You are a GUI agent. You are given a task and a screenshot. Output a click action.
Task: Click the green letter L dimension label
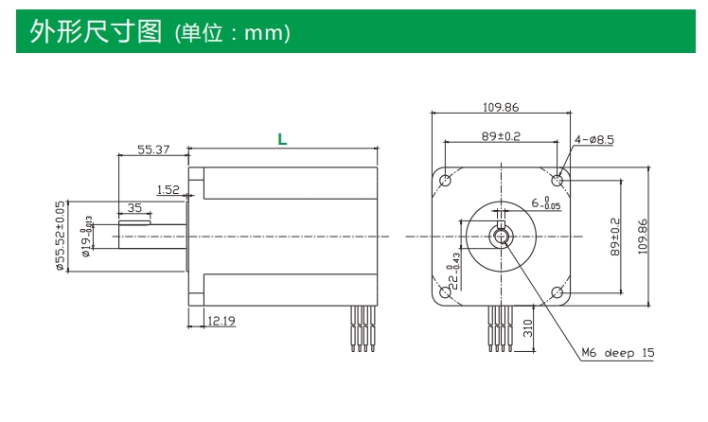(282, 139)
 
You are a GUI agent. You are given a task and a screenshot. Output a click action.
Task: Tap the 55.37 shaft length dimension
(153, 149)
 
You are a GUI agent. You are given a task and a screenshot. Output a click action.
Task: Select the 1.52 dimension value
(168, 189)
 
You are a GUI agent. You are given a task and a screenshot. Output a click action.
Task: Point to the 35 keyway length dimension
(134, 207)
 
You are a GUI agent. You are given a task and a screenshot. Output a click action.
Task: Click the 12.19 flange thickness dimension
(221, 321)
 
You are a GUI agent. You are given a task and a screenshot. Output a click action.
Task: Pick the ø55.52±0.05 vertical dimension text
(60, 236)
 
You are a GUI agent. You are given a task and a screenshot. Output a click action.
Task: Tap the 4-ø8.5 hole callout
(594, 139)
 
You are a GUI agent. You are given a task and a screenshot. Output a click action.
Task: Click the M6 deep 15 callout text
(618, 353)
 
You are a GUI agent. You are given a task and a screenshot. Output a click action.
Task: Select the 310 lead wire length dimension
(528, 328)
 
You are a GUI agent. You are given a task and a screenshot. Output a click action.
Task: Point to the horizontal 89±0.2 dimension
(501, 136)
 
